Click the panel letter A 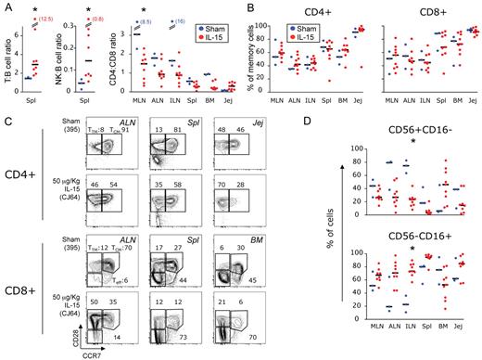pos(7,7)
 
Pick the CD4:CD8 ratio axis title pos(116,63)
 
